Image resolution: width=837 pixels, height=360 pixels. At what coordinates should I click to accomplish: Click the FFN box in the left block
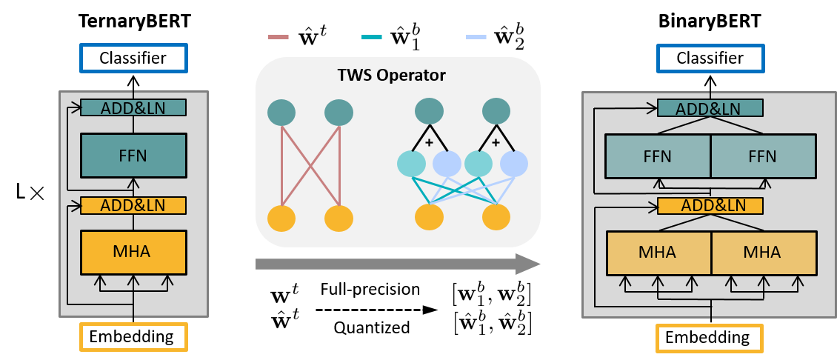point(133,156)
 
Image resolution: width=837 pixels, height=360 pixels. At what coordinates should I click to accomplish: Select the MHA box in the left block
point(133,252)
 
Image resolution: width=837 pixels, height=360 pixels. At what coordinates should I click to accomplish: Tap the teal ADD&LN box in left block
point(133,107)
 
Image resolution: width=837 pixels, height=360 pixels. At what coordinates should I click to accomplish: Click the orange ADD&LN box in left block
point(133,204)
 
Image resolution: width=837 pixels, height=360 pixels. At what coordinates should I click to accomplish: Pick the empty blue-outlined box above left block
point(133,59)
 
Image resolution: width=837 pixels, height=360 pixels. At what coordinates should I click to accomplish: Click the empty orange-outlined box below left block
point(133,337)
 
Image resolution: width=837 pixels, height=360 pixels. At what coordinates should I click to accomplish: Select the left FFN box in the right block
point(658,156)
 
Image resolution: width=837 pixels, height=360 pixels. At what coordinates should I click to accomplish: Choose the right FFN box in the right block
point(763,156)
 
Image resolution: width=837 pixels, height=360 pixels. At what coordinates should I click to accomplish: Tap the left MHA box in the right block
point(658,253)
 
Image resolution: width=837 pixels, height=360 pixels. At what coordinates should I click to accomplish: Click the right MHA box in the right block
point(763,253)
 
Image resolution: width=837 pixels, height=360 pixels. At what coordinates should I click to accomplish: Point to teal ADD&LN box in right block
point(710,108)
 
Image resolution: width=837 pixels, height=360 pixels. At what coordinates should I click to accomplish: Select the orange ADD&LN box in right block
point(710,205)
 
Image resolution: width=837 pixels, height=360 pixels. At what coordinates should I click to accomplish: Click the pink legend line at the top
point(279,36)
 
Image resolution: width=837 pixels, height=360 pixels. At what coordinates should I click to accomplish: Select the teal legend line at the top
point(372,36)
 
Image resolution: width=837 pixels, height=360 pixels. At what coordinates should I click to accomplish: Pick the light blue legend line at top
point(476,36)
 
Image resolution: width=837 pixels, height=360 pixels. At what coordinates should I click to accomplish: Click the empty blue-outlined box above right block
point(710,59)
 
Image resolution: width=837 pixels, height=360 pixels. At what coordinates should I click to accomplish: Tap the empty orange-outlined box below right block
point(710,338)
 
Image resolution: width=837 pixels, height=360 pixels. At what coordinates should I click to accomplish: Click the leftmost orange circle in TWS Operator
point(281,219)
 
